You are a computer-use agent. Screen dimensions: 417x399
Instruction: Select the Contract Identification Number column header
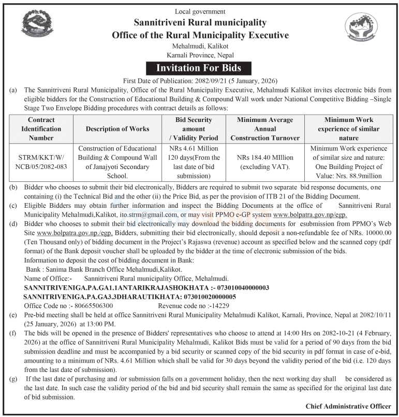(41, 129)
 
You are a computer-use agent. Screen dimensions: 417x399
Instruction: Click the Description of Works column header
(117, 129)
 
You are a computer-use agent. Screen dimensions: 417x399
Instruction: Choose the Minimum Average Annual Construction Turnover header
(265, 129)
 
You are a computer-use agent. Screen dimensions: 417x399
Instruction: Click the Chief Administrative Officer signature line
(348, 406)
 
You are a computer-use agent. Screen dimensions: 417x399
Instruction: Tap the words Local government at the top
(200, 11)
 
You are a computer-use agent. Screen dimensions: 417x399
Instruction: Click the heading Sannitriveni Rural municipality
(200, 23)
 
